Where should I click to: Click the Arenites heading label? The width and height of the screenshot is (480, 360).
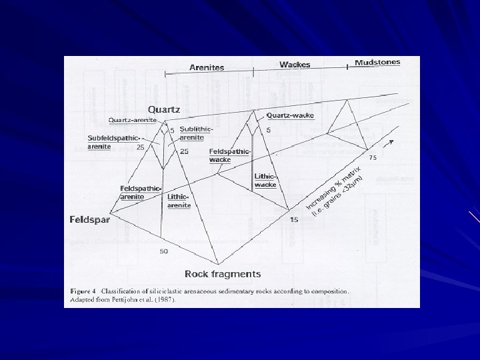click(207, 67)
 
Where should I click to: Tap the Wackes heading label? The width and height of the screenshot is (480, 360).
click(295, 65)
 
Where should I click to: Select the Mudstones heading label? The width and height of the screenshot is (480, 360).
click(377, 62)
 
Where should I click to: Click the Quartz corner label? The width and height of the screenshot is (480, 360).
click(163, 109)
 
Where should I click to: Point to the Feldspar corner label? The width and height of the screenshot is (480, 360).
click(90, 219)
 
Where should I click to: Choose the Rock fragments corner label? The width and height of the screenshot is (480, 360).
click(223, 274)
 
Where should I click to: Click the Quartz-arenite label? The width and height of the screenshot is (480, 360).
click(133, 120)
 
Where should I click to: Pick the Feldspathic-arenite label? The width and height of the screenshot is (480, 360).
click(140, 192)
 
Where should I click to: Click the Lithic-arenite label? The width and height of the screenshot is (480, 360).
click(179, 201)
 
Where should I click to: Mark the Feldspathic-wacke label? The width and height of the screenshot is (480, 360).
click(229, 155)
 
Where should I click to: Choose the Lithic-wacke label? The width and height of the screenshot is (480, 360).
click(265, 180)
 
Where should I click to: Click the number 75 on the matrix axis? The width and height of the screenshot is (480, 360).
click(373, 157)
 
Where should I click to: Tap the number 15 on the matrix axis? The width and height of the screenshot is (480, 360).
click(294, 219)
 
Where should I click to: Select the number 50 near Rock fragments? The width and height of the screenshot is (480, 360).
click(163, 251)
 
